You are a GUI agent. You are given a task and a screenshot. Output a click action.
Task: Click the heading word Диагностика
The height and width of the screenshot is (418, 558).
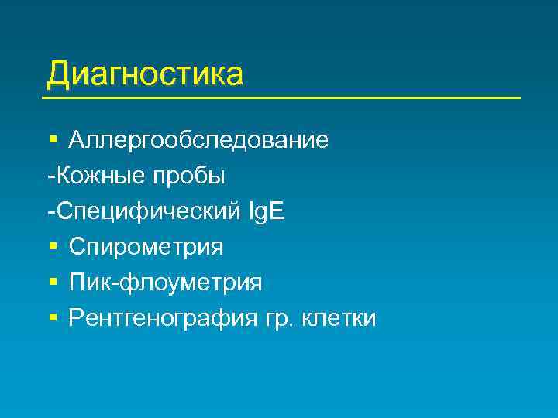tap(145, 74)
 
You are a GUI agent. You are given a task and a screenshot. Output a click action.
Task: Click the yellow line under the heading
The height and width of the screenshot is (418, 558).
tap(281, 98)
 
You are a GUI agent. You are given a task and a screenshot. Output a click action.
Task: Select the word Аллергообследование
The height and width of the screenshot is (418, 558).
tap(198, 141)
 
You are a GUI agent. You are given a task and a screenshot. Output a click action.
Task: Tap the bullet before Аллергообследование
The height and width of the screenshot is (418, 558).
tap(52, 141)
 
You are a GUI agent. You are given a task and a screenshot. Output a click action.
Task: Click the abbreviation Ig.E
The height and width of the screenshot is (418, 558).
tap(266, 212)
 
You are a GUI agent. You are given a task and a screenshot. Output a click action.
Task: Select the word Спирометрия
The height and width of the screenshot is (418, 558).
tap(146, 247)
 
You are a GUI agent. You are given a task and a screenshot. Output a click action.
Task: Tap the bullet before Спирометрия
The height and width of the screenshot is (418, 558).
tap(52, 247)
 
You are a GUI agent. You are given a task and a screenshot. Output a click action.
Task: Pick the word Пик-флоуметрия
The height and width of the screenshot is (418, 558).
tap(165, 283)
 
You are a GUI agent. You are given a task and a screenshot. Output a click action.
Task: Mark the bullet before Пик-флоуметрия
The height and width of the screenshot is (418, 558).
tap(52, 283)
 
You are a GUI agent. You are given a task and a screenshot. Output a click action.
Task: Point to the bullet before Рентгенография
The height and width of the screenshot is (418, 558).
tap(52, 318)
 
